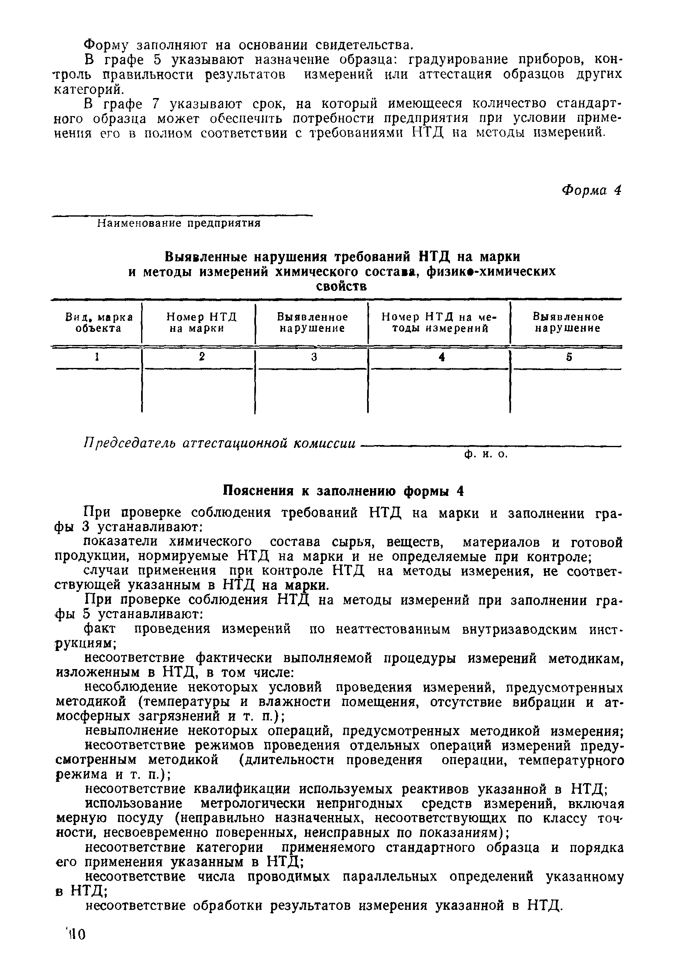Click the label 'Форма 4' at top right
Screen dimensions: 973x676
coord(591,191)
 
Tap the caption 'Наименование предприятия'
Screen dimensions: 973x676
coord(179,223)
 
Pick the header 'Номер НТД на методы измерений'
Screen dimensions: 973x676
coord(439,323)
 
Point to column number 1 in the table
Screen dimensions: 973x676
coord(97,357)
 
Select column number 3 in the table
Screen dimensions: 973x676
coord(314,358)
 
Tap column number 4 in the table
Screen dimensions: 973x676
coord(442,358)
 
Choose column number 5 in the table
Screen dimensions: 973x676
coord(569,358)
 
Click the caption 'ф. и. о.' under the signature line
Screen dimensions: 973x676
coord(485,454)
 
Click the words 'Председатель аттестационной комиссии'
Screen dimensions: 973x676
coord(219,443)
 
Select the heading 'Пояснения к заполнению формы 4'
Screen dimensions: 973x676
coord(343,491)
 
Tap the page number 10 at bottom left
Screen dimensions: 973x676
coord(76,934)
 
